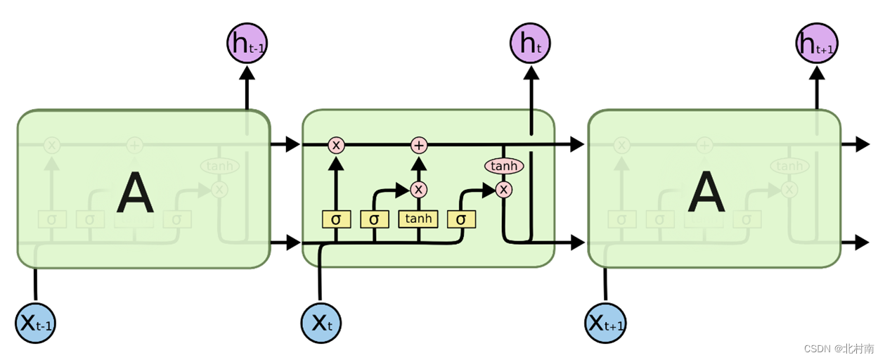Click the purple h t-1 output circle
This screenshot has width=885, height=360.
click(247, 44)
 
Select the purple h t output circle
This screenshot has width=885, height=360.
click(530, 44)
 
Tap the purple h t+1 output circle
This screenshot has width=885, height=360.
click(817, 44)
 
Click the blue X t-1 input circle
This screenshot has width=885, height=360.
click(35, 323)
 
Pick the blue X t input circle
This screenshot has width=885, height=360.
click(321, 323)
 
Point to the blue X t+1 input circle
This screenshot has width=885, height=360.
click(605, 323)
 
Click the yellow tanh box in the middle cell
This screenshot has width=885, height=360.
click(418, 219)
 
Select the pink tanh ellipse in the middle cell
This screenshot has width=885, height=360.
click(504, 166)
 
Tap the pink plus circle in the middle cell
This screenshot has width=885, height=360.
click(419, 145)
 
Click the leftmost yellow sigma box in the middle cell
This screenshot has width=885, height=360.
click(336, 219)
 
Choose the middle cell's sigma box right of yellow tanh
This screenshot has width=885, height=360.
click(461, 219)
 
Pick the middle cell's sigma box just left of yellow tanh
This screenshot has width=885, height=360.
click(374, 219)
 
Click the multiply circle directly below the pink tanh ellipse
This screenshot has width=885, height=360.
click(503, 189)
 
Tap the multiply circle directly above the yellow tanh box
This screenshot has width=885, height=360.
click(419, 189)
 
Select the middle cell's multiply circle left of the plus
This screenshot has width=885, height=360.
click(336, 145)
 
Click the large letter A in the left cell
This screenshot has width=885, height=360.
click(135, 194)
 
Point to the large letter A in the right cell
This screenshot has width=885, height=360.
click(706, 194)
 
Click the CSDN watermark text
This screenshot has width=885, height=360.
click(839, 348)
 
